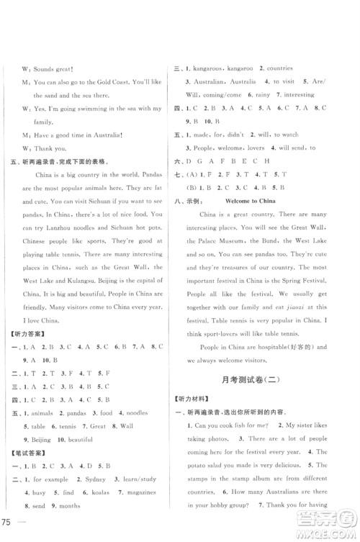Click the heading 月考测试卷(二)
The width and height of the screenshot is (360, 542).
262,379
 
